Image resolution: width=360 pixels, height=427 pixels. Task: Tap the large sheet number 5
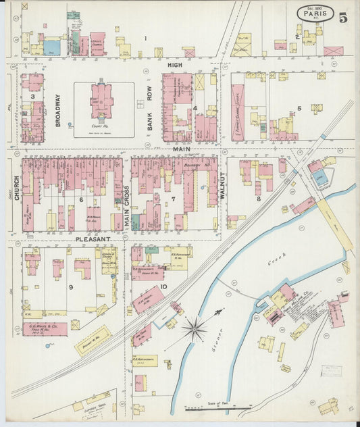(343, 18)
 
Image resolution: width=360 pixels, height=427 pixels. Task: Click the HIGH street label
(175, 64)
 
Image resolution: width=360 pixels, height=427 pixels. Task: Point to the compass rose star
(195, 329)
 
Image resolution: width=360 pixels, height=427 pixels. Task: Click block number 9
(70, 286)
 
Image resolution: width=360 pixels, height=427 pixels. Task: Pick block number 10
(164, 286)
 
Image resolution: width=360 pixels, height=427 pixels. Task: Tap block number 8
(258, 198)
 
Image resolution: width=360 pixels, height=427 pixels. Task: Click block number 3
(32, 97)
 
